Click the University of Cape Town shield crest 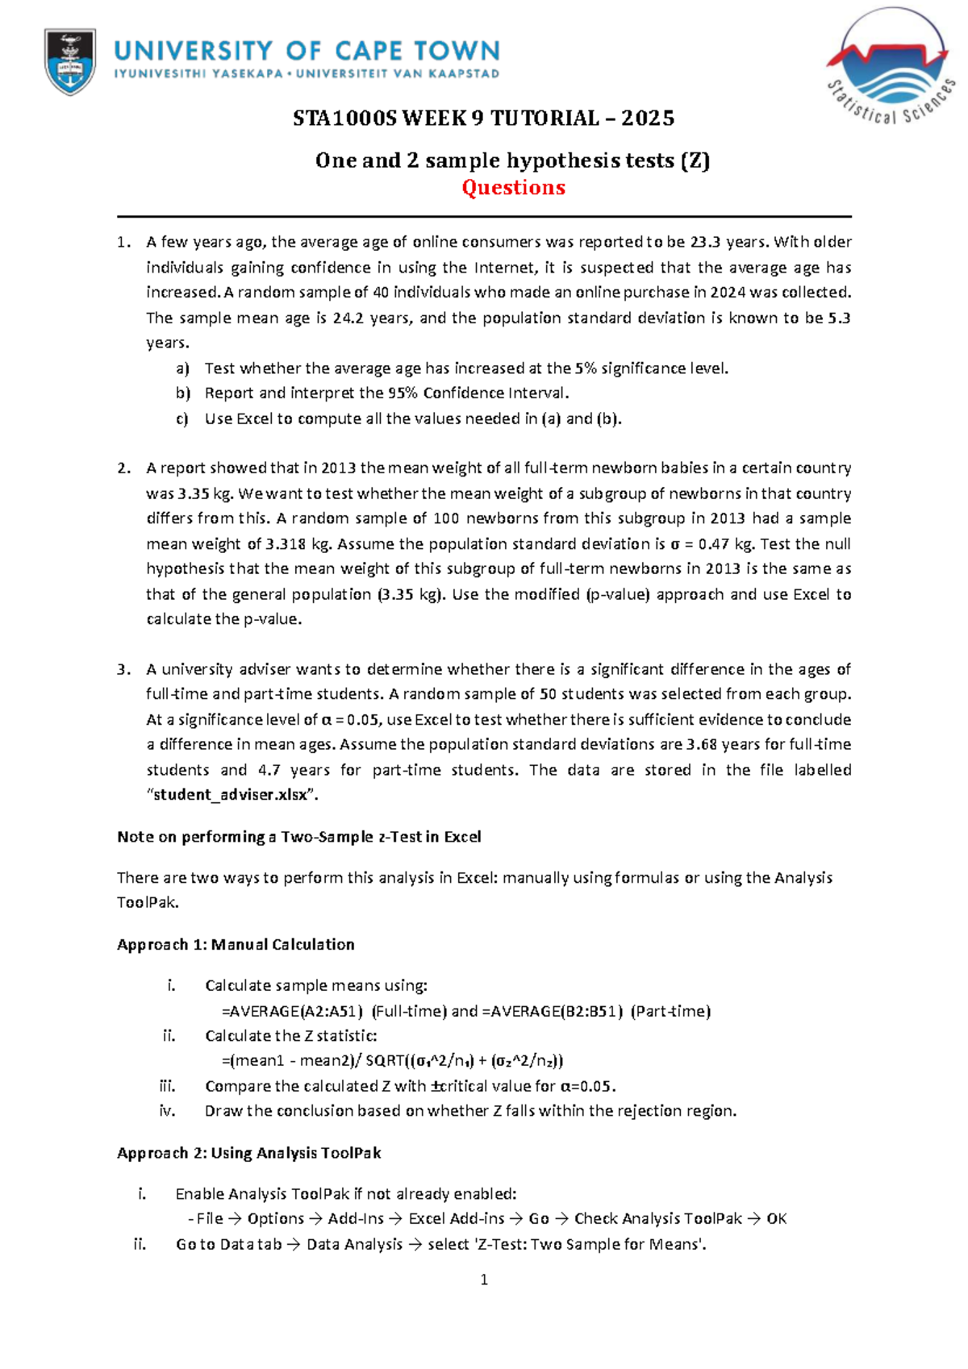pos(70,61)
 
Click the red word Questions pos(513,188)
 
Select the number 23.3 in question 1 pos(707,242)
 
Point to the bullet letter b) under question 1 pos(182,393)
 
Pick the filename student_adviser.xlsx pos(231,795)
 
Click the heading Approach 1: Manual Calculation pos(236,944)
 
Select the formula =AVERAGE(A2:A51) pos(292,1011)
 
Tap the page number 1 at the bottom pos(484,1280)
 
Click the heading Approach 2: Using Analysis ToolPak pos(248,1153)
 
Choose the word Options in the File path pos(276,1219)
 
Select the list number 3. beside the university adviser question pos(123,669)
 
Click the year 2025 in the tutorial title pos(648,119)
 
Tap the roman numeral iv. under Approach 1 pos(167,1111)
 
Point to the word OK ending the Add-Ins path pos(776,1219)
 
